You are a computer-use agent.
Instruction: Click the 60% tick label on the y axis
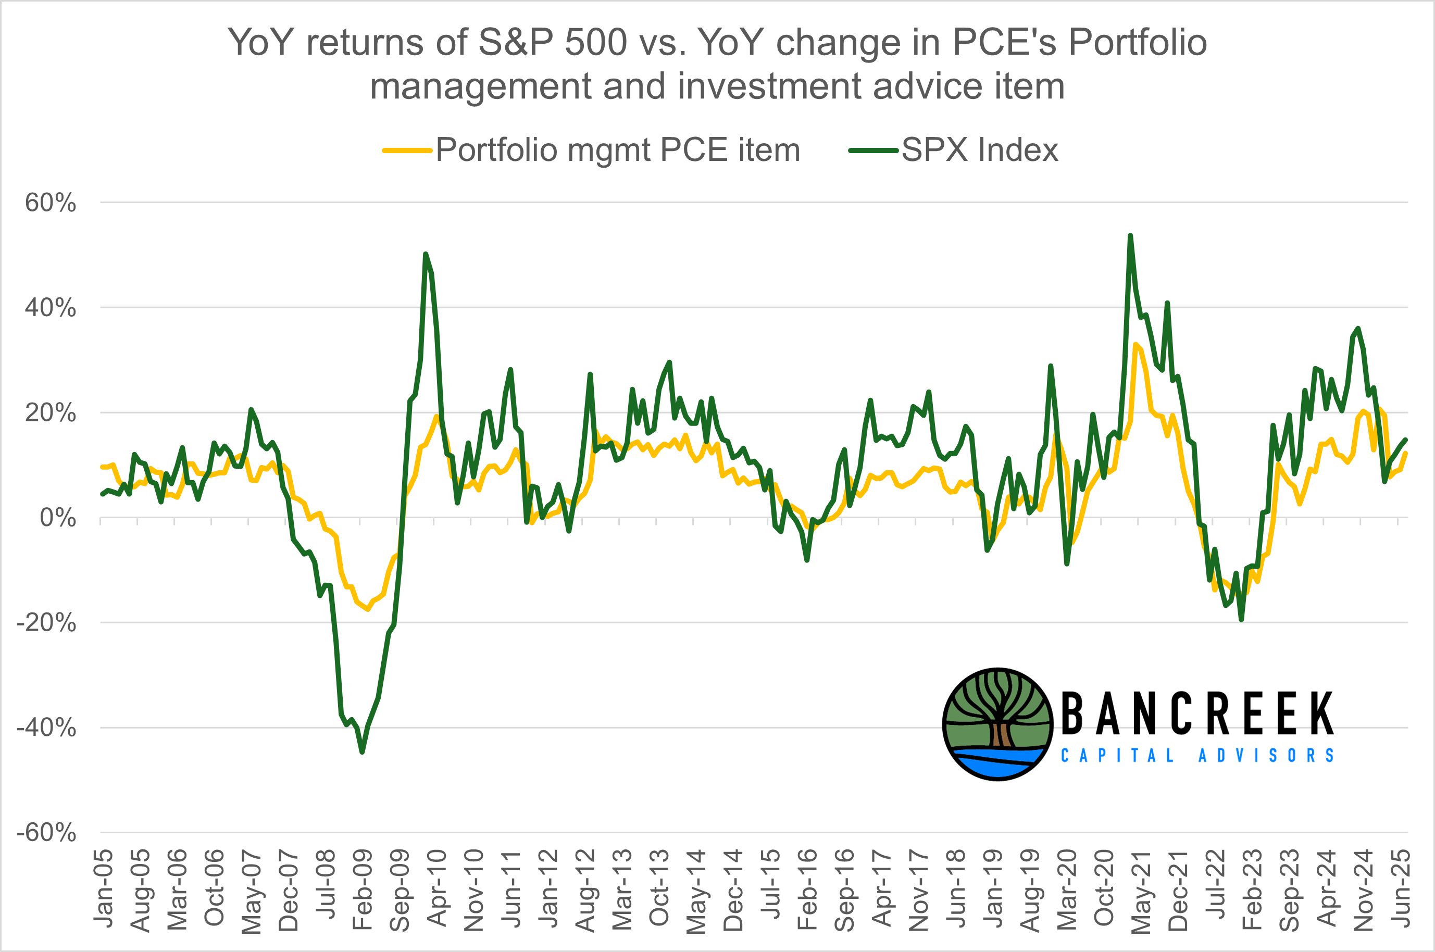click(x=51, y=203)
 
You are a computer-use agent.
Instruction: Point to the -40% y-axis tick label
click(x=46, y=728)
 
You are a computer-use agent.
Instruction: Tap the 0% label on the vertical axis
click(x=58, y=518)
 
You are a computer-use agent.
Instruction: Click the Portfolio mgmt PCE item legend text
click(x=618, y=149)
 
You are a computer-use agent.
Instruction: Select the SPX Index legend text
click(x=980, y=149)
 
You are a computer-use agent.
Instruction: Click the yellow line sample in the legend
click(x=407, y=150)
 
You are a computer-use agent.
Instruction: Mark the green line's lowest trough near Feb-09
click(x=362, y=752)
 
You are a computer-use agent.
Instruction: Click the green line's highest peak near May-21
click(x=1130, y=235)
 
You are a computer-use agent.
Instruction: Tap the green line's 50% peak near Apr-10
click(x=426, y=254)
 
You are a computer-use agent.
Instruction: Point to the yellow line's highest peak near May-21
click(x=1135, y=344)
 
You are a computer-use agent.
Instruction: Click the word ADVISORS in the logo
click(x=1266, y=756)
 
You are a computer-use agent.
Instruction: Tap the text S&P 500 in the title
click(x=553, y=43)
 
